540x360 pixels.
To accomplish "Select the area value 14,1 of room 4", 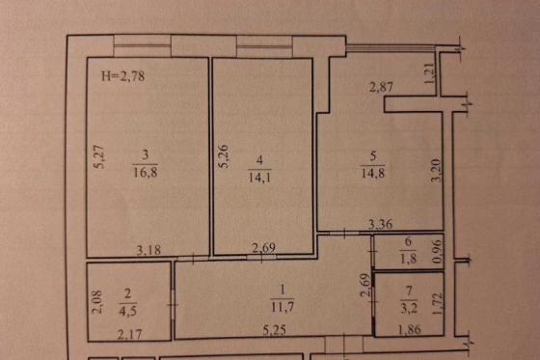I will (259, 177).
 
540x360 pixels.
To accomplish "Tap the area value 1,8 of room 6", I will (408, 258).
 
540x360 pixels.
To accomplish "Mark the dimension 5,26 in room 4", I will (224, 154).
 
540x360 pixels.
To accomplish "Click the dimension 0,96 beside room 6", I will (436, 251).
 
